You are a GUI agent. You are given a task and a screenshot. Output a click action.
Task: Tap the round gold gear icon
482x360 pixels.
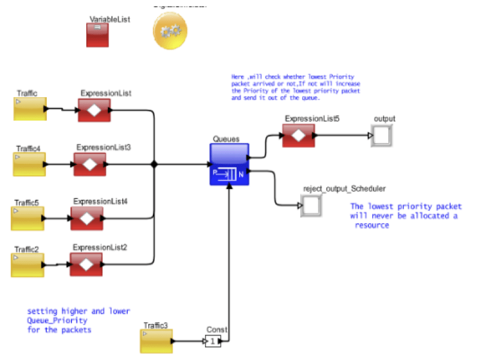(170, 31)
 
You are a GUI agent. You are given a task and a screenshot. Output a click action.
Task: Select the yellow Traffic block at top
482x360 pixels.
(30, 109)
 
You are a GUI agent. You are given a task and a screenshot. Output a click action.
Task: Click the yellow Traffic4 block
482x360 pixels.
(29, 164)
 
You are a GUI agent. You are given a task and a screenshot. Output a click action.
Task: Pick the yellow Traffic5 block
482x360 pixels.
(28, 218)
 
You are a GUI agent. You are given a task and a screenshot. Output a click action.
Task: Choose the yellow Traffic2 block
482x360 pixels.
(28, 265)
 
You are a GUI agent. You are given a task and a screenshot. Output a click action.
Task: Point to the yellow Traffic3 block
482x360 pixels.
(156, 341)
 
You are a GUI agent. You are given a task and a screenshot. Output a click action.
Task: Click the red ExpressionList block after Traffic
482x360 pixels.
(94, 110)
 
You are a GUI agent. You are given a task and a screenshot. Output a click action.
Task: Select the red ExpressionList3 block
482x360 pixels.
(90, 164)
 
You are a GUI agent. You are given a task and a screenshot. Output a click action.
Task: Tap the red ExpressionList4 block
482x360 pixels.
(87, 218)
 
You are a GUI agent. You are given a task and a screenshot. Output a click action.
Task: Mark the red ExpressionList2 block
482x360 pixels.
(86, 264)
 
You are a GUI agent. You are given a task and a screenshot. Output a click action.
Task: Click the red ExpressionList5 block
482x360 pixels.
(299, 136)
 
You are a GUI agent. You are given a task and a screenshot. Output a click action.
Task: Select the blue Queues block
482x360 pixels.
(228, 164)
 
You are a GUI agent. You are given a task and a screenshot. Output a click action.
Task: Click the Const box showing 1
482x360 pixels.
(213, 341)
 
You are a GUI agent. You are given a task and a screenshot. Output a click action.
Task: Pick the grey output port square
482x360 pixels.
(381, 136)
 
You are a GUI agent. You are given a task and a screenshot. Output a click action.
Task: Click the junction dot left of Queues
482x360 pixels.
(154, 164)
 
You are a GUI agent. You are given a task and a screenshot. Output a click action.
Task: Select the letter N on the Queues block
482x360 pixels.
(241, 175)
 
